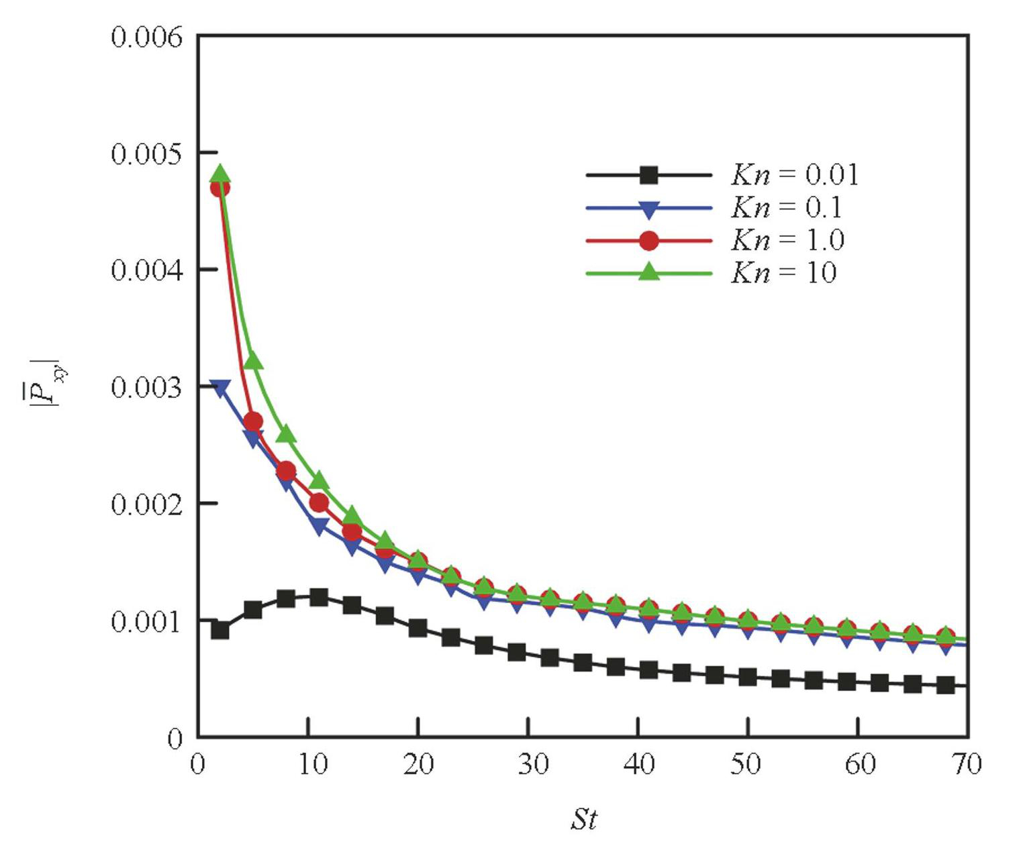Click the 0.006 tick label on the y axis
146,38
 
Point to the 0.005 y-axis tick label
146,154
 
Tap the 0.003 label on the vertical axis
146,388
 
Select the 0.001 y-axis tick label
146,622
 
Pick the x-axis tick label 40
638,764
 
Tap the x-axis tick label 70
967,764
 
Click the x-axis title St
583,819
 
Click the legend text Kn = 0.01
794,175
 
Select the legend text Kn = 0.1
786,207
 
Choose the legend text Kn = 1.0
787,239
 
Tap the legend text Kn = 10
783,272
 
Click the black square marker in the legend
648,175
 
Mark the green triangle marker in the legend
648,272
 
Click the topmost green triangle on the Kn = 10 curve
220,174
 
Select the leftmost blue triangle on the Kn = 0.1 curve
220,388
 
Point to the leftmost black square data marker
220,630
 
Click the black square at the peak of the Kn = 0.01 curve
319,597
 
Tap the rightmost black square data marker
946,685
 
